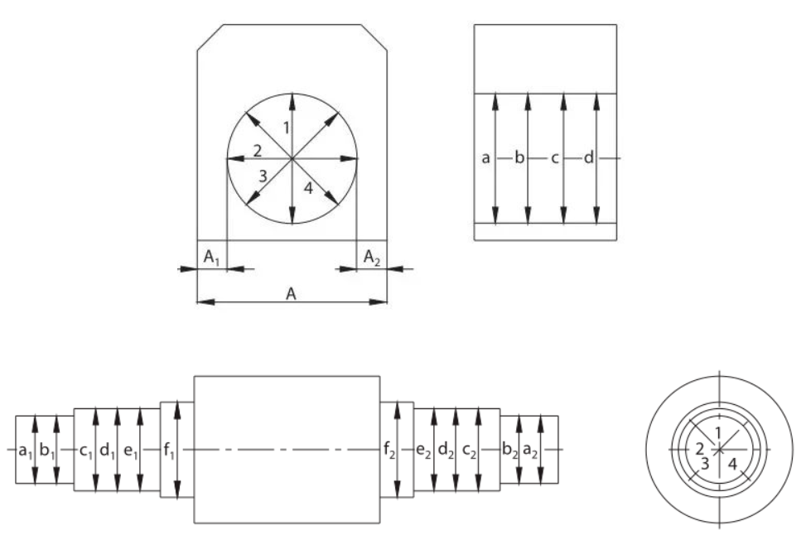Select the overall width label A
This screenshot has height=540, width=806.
[292, 293]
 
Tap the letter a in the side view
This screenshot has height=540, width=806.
[485, 157]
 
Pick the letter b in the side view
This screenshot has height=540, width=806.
[520, 157]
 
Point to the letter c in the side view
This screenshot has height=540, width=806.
[555, 157]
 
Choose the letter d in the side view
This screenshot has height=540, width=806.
[589, 157]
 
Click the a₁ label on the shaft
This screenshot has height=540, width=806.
[26, 451]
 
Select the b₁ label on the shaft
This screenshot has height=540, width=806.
[46, 451]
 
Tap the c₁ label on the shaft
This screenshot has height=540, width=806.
[86, 451]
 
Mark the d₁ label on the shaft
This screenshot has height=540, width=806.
[107, 451]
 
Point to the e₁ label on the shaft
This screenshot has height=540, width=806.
[129, 451]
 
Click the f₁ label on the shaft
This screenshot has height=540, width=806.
[170, 451]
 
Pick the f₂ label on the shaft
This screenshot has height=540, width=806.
[389, 451]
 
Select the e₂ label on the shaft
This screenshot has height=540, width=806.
[423, 451]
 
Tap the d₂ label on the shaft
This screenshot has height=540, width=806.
[446, 451]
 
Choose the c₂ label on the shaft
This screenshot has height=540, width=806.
[469, 451]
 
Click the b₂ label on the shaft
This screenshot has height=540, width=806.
[509, 451]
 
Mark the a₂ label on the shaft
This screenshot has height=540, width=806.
[530, 451]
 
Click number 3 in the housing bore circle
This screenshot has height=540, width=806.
[263, 176]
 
